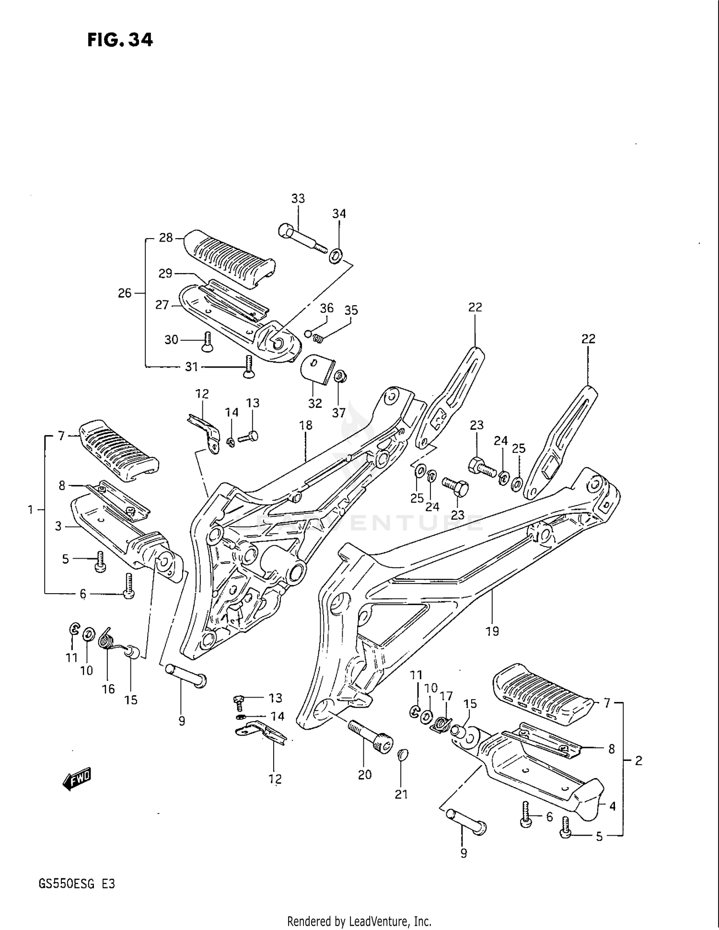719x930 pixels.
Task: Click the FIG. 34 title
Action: click(x=120, y=40)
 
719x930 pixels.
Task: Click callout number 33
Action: click(x=298, y=198)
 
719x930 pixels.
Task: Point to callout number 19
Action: click(x=492, y=631)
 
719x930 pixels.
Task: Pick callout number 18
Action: click(x=305, y=425)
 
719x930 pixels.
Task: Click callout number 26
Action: click(x=125, y=293)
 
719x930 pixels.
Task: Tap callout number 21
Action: click(x=401, y=794)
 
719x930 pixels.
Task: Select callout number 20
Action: click(x=364, y=775)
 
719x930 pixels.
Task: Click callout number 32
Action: click(x=315, y=403)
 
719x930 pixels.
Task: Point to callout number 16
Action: click(x=108, y=689)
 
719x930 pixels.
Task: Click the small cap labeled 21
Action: click(x=403, y=756)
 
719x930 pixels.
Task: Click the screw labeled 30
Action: click(x=207, y=342)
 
